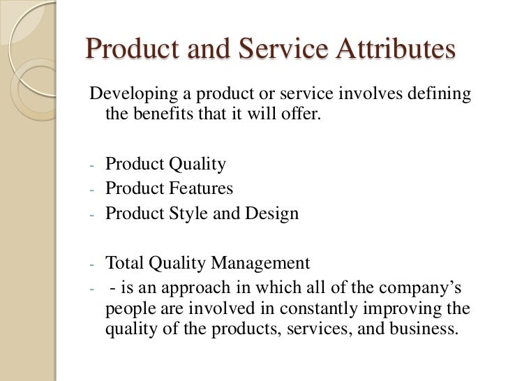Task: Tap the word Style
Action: point(187,214)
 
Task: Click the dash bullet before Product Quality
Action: point(91,166)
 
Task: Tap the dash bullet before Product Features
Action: point(91,190)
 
